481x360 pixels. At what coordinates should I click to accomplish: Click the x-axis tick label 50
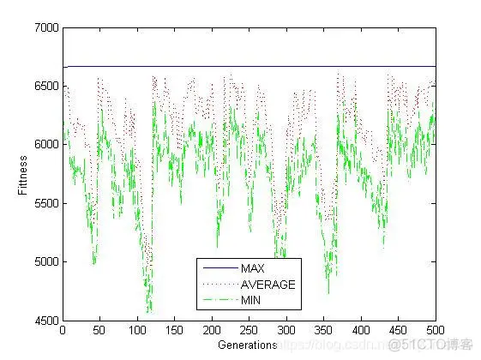coord(99,330)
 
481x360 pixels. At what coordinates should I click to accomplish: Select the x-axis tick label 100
coord(137,330)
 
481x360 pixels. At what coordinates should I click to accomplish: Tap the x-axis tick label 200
coord(212,330)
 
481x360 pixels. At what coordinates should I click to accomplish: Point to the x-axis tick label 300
coord(286,330)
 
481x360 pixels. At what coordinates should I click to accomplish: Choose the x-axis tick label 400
coord(361,330)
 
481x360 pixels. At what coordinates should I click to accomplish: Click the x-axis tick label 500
coord(436,330)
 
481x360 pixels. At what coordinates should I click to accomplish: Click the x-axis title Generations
coord(249,345)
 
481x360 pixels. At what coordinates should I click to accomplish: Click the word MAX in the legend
coord(254,268)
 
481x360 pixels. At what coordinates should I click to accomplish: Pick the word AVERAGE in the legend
coord(268,284)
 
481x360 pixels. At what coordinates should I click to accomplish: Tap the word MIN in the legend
coord(252,300)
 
